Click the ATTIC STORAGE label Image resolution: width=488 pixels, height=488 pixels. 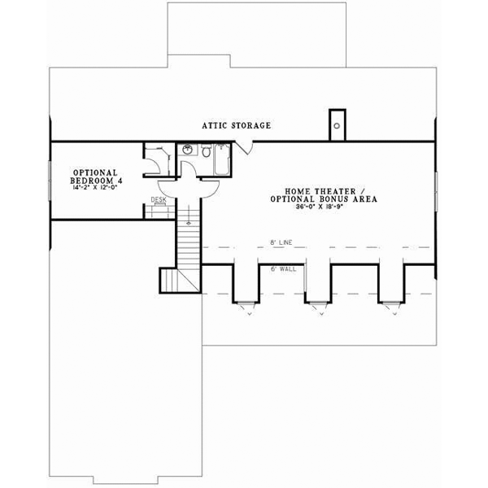pyautogui.click(x=236, y=126)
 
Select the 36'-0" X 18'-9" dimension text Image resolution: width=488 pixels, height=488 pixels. pyautogui.click(x=315, y=207)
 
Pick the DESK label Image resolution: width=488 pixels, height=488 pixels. pyautogui.click(x=159, y=198)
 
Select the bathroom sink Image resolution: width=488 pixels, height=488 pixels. pyautogui.click(x=188, y=150)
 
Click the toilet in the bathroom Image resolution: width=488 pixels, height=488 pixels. pyautogui.click(x=207, y=152)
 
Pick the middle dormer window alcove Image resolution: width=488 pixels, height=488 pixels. pyautogui.click(x=318, y=285)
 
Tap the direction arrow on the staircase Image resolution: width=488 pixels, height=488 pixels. pyautogui.click(x=188, y=221)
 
